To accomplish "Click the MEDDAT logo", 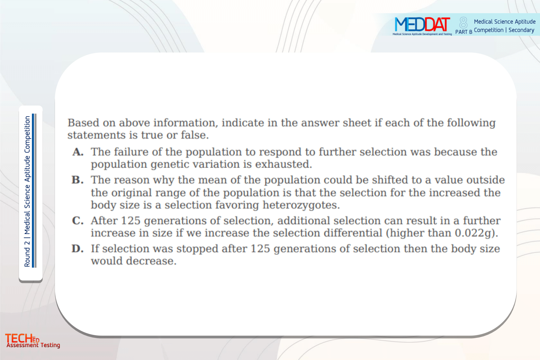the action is (422, 26).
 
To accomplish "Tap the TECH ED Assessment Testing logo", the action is (32, 341).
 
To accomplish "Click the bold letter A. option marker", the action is (78, 152).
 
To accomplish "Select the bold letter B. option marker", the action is (78, 180).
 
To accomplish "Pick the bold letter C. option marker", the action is (78, 221).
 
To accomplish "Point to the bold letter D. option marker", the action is (78, 248).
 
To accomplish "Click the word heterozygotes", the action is (301, 205).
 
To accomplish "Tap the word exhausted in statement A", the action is (283, 164).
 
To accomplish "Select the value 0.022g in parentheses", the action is (473, 233).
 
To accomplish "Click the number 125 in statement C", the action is (130, 221).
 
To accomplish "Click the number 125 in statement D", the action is (260, 248).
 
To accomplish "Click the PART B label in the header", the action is (464, 32).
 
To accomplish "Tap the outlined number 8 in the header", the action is (464, 23).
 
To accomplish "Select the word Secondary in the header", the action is (521, 30).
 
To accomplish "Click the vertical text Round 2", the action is (27, 254).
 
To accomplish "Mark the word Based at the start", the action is (83, 123).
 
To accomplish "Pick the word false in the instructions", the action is (194, 135).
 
